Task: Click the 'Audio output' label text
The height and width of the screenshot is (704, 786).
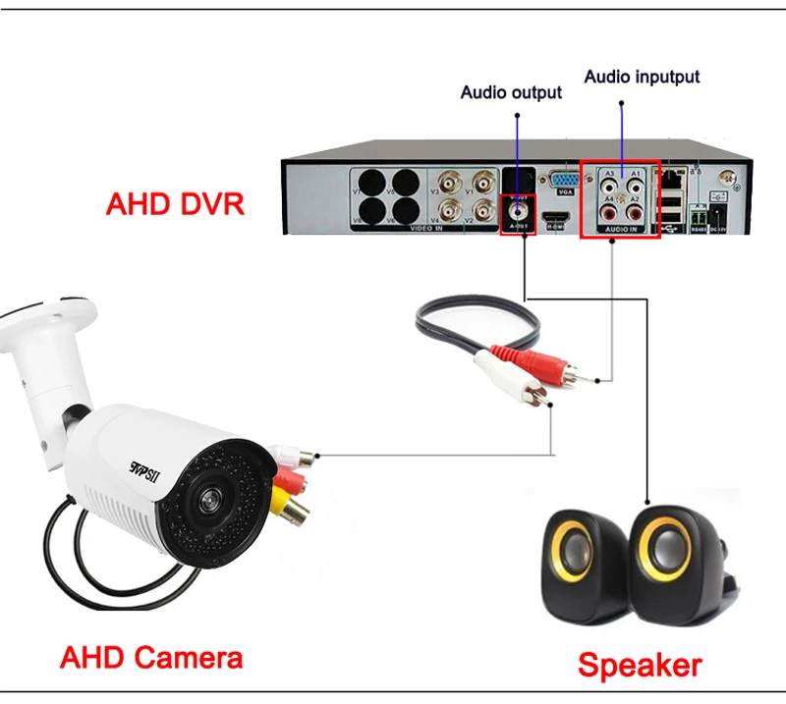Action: click(511, 92)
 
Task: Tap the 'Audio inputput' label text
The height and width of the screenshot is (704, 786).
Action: click(643, 77)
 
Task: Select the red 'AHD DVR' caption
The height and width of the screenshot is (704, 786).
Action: click(175, 205)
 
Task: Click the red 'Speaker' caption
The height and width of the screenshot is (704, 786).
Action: click(640, 667)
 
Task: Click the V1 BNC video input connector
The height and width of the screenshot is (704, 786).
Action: click(483, 182)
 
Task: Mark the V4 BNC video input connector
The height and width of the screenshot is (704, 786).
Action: click(452, 209)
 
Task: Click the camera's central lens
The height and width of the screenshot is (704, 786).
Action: click(208, 499)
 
